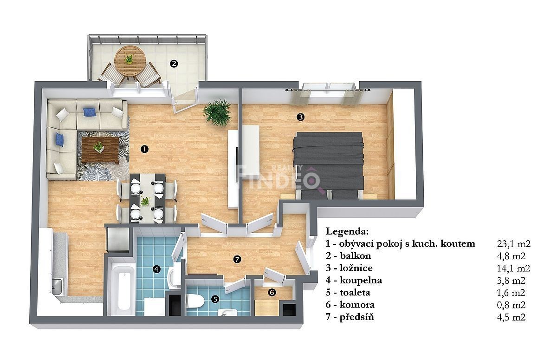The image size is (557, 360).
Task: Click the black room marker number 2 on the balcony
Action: pyautogui.click(x=174, y=64)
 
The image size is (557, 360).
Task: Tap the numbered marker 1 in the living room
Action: pyautogui.click(x=144, y=149)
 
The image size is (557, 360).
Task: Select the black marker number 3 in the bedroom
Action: pyautogui.click(x=301, y=117)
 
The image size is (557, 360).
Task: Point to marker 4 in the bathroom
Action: pyautogui.click(x=156, y=269)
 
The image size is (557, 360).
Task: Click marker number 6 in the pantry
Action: pyautogui.click(x=272, y=293)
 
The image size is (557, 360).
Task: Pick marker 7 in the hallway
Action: pyautogui.click(x=237, y=260)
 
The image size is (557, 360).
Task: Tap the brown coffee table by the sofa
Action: pyautogui.click(x=100, y=150)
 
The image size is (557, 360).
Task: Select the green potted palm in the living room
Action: pyautogui.click(x=217, y=113)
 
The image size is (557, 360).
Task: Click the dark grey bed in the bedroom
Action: pyautogui.click(x=328, y=165)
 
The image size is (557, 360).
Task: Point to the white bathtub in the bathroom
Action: pyautogui.click(x=123, y=288)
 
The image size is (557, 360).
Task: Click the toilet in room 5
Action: pyautogui.click(x=195, y=301)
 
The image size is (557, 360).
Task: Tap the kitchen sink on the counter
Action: pyautogui.click(x=57, y=287)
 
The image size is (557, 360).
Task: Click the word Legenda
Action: pyautogui.click(x=347, y=231)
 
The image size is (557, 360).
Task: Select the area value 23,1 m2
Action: pyautogui.click(x=514, y=243)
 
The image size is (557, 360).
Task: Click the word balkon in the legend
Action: pyautogui.click(x=356, y=256)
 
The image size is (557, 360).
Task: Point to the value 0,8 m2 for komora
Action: pyautogui.click(x=511, y=305)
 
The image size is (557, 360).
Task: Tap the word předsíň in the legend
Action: pyautogui.click(x=357, y=317)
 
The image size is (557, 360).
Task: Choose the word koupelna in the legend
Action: pyautogui.click(x=361, y=281)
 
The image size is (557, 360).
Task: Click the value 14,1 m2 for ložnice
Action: pyautogui.click(x=513, y=268)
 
